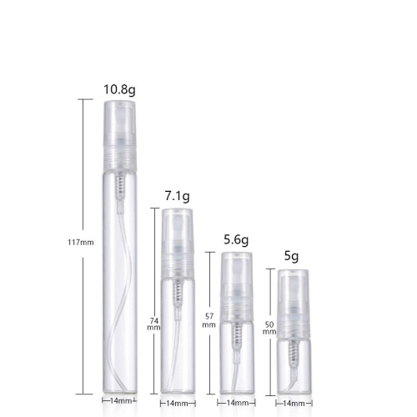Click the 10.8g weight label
(x=119, y=89)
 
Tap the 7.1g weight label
(x=178, y=196)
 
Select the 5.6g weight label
(x=236, y=239)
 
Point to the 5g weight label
(x=291, y=256)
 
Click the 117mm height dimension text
(x=81, y=243)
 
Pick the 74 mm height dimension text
(x=153, y=324)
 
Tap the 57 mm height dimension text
(x=208, y=320)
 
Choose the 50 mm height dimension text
(x=269, y=328)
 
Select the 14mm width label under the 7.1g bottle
(x=177, y=404)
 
